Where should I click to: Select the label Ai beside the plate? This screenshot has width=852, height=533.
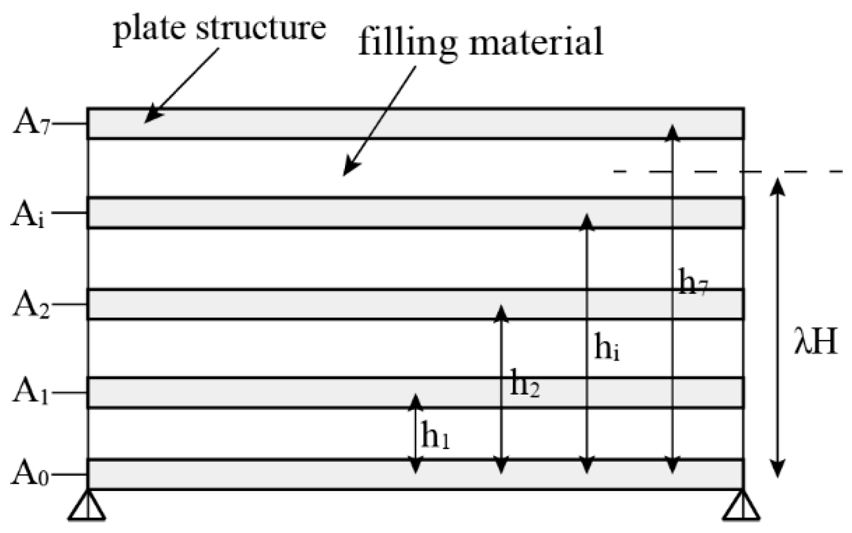(29, 215)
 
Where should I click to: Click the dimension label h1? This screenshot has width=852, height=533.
(435, 437)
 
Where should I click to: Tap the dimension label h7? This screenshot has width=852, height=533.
(693, 282)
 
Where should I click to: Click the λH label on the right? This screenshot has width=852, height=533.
(815, 342)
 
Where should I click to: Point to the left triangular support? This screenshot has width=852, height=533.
(87, 507)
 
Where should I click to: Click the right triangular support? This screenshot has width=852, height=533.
(742, 507)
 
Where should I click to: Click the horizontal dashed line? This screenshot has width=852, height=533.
(728, 171)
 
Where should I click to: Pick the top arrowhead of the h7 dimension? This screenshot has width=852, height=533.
(673, 132)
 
